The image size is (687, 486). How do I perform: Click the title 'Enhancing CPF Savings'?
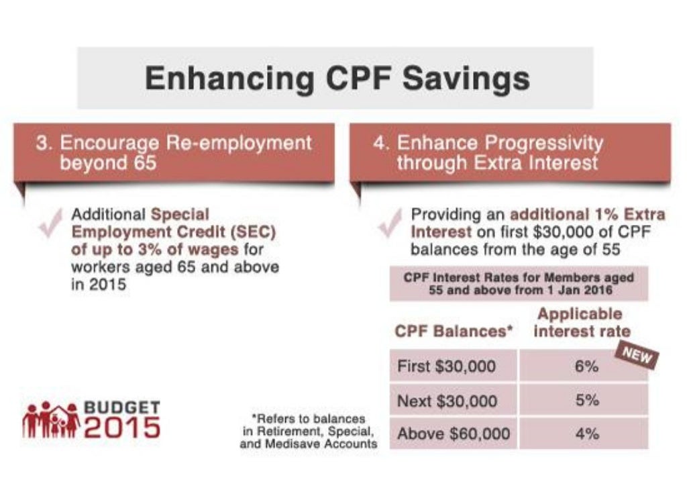click(x=337, y=79)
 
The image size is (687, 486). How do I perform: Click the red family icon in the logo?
click(x=50, y=420)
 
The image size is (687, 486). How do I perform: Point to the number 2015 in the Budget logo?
click(x=121, y=428)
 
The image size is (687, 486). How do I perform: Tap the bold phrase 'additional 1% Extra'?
click(x=588, y=215)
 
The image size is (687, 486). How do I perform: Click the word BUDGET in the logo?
click(x=121, y=407)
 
